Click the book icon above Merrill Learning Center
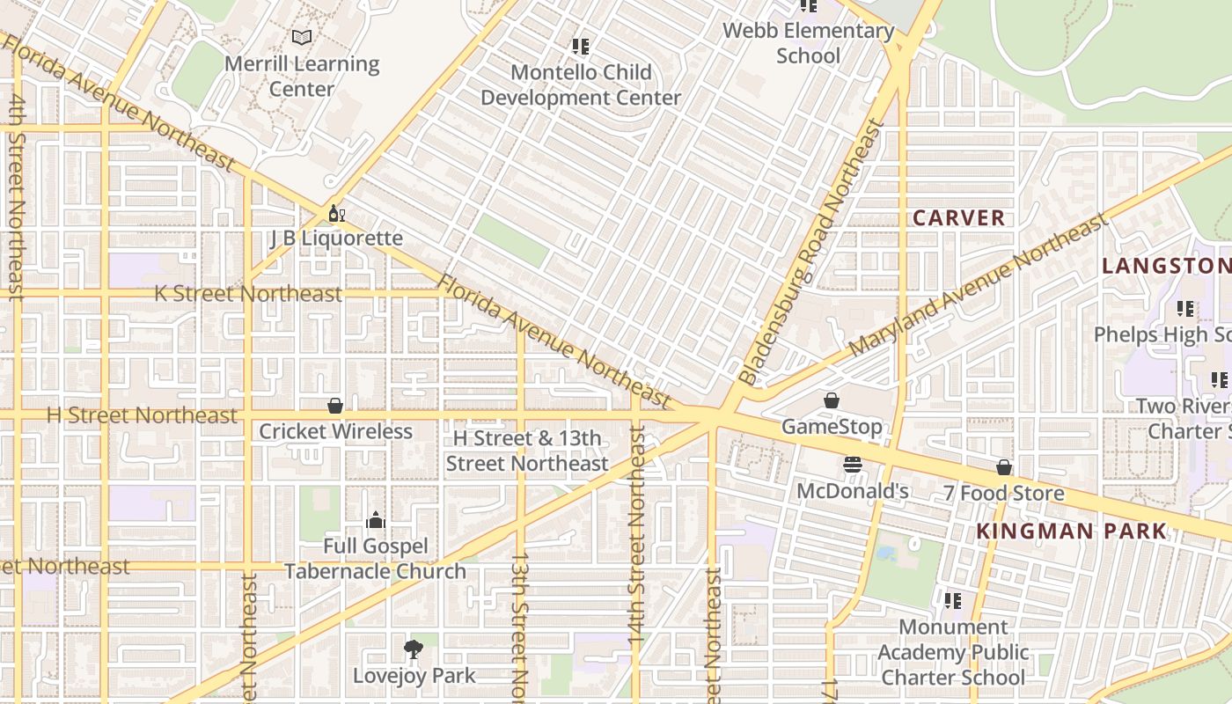[x=302, y=37]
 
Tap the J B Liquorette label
[x=336, y=238]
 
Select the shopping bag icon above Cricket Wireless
[x=335, y=406]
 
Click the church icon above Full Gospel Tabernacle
[x=376, y=520]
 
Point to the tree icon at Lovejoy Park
[x=413, y=650]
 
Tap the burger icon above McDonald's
[x=852, y=465]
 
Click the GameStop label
[x=832, y=427]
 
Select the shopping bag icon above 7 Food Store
[x=1003, y=467]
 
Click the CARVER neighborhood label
[x=958, y=218]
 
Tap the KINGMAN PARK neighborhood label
[x=1071, y=532]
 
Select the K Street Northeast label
[x=248, y=294]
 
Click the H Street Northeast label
[x=142, y=415]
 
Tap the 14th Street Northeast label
[x=638, y=537]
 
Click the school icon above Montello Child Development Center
[x=580, y=46]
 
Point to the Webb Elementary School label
[x=808, y=43]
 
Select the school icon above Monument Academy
[x=952, y=601]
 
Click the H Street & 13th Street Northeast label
[x=526, y=451]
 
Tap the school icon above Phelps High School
[x=1185, y=309]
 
